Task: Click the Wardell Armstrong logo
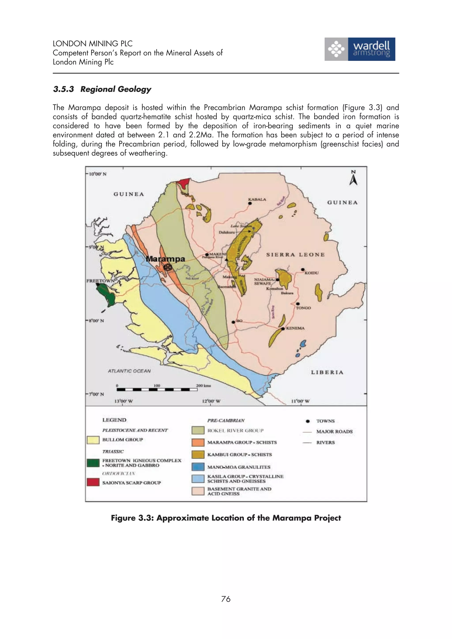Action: click(x=360, y=49)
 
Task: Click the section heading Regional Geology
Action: click(x=102, y=89)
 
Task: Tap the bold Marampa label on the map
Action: click(x=166, y=259)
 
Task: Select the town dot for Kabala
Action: click(x=250, y=203)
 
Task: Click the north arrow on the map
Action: click(x=353, y=178)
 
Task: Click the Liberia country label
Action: click(x=327, y=372)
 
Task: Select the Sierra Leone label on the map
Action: click(x=295, y=255)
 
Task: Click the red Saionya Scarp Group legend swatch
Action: click(x=93, y=482)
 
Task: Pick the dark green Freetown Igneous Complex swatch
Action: click(x=93, y=463)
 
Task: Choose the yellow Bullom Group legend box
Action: click(x=93, y=440)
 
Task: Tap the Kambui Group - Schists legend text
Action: click(x=239, y=454)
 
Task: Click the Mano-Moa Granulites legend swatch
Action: click(x=198, y=467)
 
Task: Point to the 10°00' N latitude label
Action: click(x=98, y=174)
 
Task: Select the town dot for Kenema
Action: click(x=283, y=329)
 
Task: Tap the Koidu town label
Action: click(x=311, y=273)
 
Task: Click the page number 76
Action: click(x=226, y=599)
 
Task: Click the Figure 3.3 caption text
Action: click(x=226, y=518)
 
